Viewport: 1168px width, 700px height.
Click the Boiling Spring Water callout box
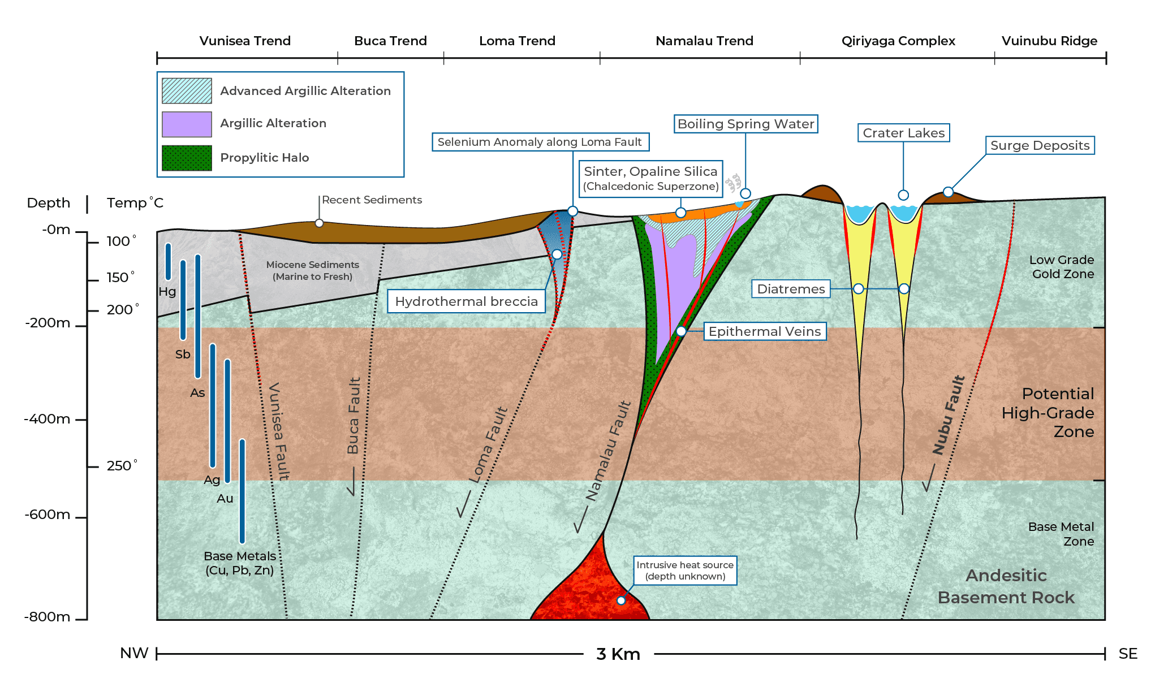tap(745, 124)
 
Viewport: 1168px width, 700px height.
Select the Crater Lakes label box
tap(903, 133)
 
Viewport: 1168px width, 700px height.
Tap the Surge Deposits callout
tap(1040, 145)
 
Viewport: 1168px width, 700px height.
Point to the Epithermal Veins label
tap(765, 331)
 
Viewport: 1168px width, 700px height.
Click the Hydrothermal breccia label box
tap(466, 301)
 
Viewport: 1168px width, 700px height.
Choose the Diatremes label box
tap(791, 289)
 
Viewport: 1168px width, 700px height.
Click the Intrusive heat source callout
tap(685, 571)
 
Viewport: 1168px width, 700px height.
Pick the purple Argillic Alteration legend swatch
tap(187, 124)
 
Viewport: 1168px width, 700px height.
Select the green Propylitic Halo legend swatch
tap(187, 158)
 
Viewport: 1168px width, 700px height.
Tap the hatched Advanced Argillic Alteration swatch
tap(187, 90)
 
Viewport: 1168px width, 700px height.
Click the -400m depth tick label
tap(48, 419)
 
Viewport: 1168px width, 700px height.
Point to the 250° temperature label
tap(122, 465)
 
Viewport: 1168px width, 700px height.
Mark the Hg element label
tap(167, 292)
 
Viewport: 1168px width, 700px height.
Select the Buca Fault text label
tap(354, 416)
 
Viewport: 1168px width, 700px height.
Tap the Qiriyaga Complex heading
tap(898, 41)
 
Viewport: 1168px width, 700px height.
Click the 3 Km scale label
tap(618, 654)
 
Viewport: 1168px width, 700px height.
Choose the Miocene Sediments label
tap(312, 270)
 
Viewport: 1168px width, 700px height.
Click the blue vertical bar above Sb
tap(183, 300)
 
